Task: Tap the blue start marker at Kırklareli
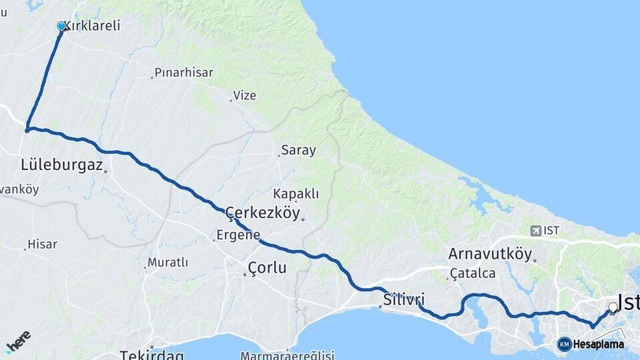[x=61, y=27]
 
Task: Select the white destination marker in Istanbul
[x=613, y=307]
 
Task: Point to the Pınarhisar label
[x=183, y=72]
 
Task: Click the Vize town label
[x=245, y=95]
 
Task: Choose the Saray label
[x=298, y=150]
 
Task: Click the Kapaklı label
[x=296, y=194]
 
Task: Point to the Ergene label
[x=238, y=235]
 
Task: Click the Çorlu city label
[x=267, y=268]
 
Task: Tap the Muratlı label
[x=168, y=263]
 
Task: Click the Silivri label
[x=404, y=299]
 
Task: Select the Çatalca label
[x=473, y=273]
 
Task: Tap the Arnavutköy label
[x=490, y=254]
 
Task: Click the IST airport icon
[x=535, y=231]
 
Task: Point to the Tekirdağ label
[x=151, y=355]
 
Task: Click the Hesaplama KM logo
[x=564, y=344]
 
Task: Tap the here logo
[x=18, y=341]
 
